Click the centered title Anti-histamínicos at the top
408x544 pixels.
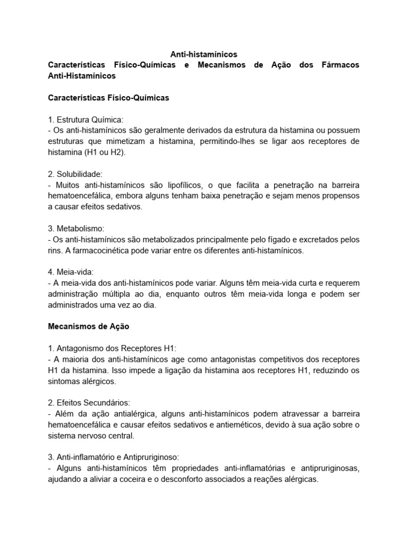(x=203, y=54)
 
